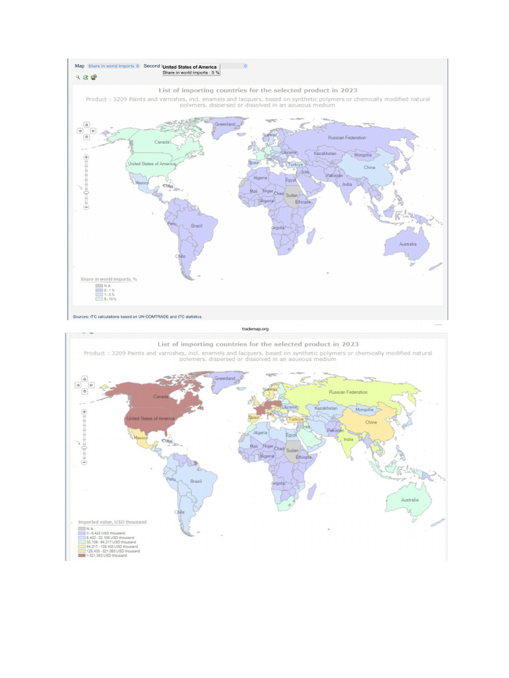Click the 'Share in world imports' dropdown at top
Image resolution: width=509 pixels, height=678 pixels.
113,66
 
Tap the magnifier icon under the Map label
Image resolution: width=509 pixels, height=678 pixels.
78,77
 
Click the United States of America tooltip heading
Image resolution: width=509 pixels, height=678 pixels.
190,67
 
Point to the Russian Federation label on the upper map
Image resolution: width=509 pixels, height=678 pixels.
347,137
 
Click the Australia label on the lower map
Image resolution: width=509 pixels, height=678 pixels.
409,499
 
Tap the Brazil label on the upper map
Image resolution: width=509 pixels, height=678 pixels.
196,226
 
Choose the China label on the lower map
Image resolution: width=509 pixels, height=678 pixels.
370,422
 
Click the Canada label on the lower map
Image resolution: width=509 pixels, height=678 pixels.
161,397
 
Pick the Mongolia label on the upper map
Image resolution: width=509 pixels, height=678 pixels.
363,155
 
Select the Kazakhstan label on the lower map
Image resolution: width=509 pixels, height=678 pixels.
326,408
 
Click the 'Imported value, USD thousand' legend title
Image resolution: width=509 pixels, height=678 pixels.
112,522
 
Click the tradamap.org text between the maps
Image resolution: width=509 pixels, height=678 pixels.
256,328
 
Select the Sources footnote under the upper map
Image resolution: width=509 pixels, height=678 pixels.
137,316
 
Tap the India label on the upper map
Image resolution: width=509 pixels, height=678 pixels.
347,184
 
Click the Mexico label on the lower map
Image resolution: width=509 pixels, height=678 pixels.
141,438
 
